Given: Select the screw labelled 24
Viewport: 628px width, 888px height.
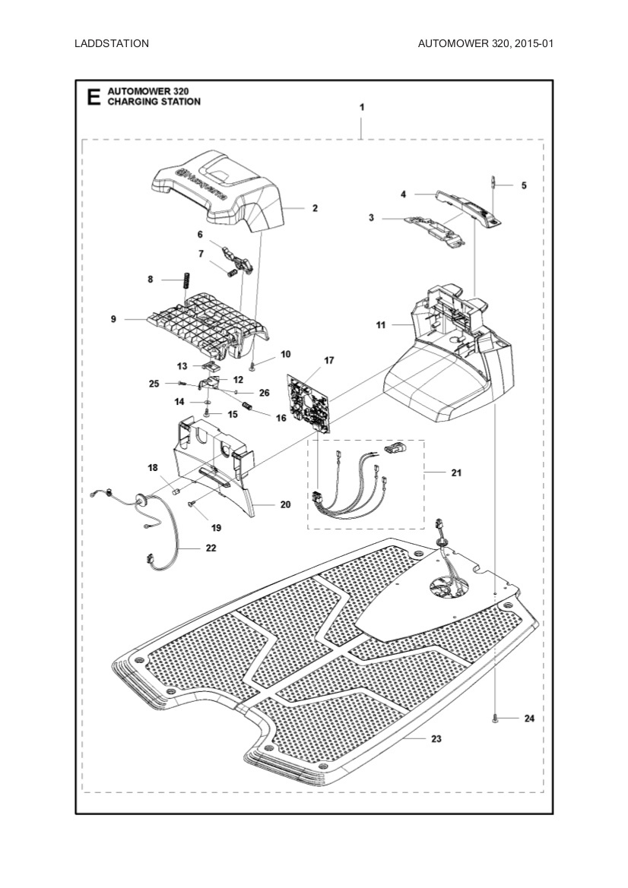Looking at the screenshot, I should click(x=496, y=718).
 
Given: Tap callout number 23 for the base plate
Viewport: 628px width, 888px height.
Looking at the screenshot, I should click(x=436, y=738).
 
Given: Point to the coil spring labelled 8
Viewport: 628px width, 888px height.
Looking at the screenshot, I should click(x=183, y=280).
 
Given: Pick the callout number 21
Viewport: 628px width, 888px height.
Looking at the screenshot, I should click(x=456, y=472).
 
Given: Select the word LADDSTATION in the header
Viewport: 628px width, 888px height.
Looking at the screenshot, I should click(x=112, y=43).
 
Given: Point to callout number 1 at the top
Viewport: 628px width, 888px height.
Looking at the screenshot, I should click(x=362, y=107).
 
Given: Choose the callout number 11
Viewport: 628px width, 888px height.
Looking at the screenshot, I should click(x=381, y=324).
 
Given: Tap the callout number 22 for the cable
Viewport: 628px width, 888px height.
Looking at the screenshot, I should click(x=210, y=547).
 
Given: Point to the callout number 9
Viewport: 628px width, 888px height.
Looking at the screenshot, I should click(x=113, y=320).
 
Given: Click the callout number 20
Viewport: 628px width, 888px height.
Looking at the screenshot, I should click(x=285, y=504).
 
